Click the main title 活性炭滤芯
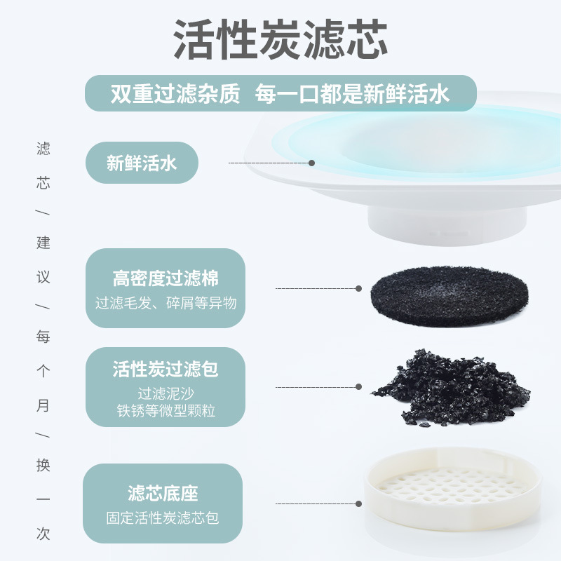pos(280,39)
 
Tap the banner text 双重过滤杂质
pos(175,94)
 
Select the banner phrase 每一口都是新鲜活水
pos(352,94)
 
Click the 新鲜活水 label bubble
pos(142,163)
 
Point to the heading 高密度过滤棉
pos(165,278)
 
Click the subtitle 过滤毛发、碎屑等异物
pos(166,303)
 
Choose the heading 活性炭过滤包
pos(165,369)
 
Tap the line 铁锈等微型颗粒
pos(166,410)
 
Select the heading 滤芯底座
pos(163,494)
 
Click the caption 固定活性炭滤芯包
pos(163,518)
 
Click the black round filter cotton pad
pos(450,296)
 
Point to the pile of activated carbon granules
pos(452,388)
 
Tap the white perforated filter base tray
pos(452,489)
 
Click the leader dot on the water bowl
pos(311,163)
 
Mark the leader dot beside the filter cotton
pos(358,288)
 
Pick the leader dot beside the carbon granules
pos(358,387)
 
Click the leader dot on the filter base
pos(358,503)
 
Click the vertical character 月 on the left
pos(43,406)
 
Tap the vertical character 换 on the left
pos(43,465)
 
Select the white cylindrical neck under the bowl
pos(447,225)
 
